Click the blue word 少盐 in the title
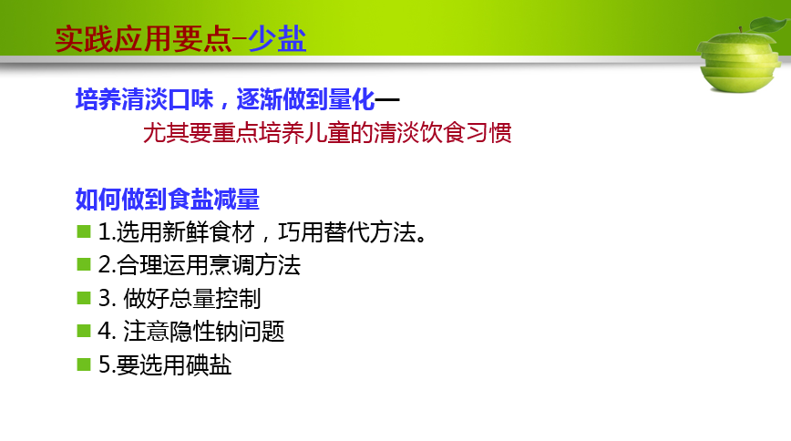tap(277, 39)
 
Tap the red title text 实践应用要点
tap(143, 39)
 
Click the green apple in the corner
tap(740, 58)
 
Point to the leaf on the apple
tap(769, 24)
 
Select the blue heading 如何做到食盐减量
tap(168, 199)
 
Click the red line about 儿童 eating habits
tap(327, 133)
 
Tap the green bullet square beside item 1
tap(84, 231)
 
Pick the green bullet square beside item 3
tap(84, 298)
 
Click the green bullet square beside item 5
tap(84, 364)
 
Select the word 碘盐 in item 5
tap(209, 364)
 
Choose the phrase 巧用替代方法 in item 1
tap(347, 232)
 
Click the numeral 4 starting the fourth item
tap(105, 332)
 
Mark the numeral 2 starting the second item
tap(105, 265)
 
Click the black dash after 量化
tap(387, 99)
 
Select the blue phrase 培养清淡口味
tap(145, 99)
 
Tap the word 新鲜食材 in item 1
tap(209, 232)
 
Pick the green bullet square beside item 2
tap(84, 264)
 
